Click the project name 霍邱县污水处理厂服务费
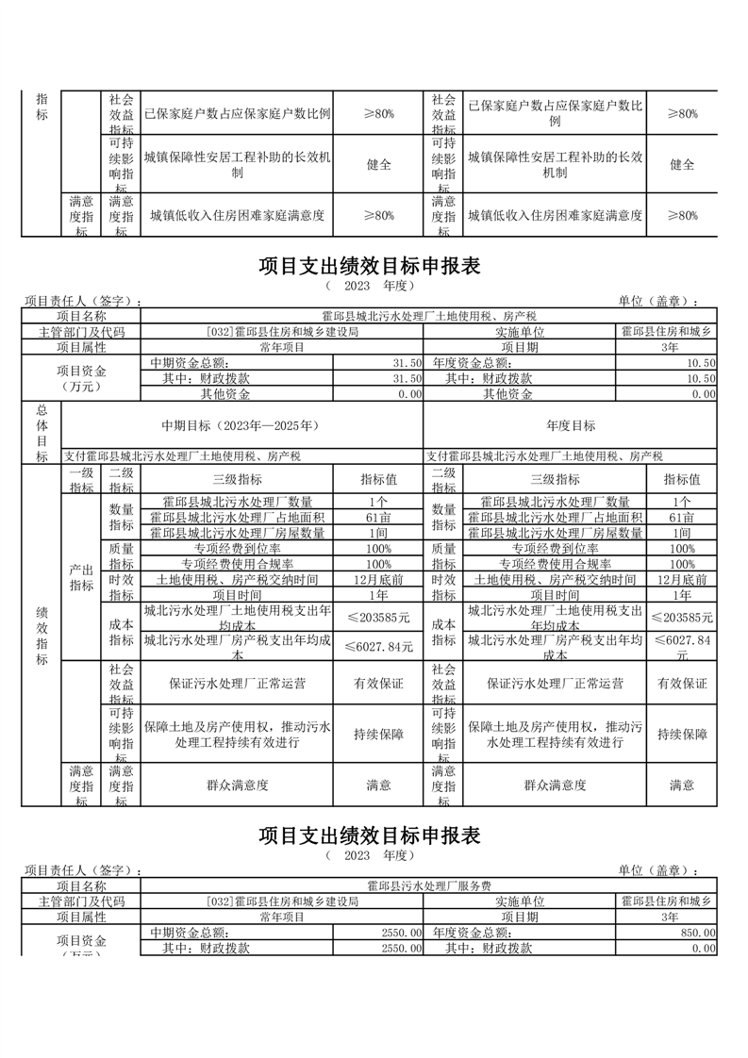tap(428, 886)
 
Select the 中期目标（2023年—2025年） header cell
tap(242, 425)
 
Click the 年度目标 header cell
tap(571, 425)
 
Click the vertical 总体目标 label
tap(41, 433)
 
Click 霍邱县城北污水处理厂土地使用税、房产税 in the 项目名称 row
tap(428, 316)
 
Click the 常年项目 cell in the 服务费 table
tap(282, 917)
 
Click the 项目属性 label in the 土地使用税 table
tap(81, 348)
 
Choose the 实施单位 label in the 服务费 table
tap(519, 901)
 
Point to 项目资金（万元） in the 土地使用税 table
tap(81, 378)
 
